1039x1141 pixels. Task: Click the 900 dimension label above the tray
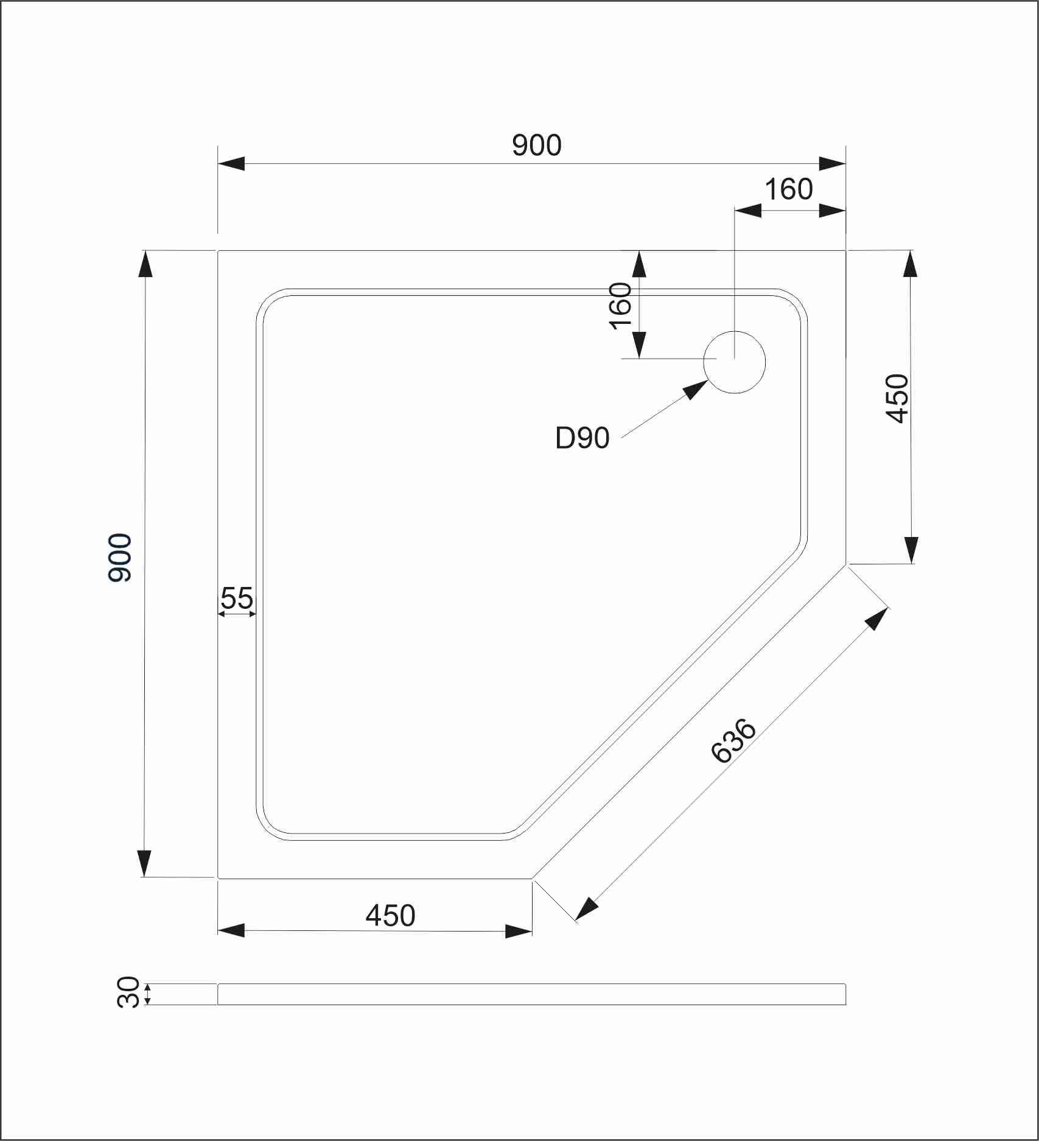[536, 146]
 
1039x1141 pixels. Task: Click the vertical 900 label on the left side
[120, 557]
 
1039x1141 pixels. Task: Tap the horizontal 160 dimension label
[788, 189]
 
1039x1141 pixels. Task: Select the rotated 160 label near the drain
[620, 306]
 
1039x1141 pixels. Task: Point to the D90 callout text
[582, 438]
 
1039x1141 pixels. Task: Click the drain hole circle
[734, 362]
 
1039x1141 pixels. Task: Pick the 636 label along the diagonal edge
[733, 740]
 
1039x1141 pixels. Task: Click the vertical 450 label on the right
[897, 398]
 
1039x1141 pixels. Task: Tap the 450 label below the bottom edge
[390, 915]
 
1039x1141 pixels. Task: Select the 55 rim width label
[237, 598]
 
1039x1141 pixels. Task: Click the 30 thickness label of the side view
[128, 993]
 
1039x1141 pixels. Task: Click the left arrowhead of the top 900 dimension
[231, 164]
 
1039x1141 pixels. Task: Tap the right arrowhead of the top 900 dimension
[832, 164]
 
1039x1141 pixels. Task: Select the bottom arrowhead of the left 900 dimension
[144, 863]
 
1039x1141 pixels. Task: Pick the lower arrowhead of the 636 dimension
[586, 909]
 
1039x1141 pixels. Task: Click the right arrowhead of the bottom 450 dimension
[519, 931]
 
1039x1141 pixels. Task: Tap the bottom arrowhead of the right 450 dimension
[911, 550]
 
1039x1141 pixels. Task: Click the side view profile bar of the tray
[531, 994]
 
